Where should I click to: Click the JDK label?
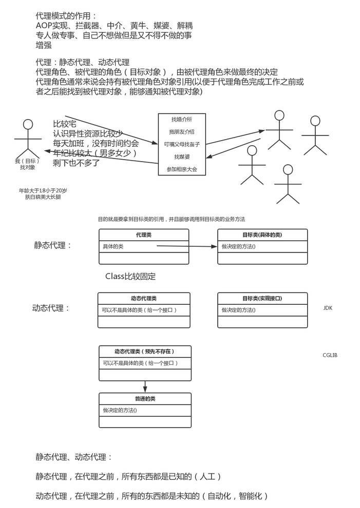click(328, 308)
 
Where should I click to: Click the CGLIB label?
click(330, 355)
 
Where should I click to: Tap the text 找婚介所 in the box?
click(182, 120)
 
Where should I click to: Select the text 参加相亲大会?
click(182, 169)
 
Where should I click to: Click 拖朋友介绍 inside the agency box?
click(182, 132)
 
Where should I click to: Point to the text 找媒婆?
click(182, 157)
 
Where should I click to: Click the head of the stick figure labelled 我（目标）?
click(28, 124)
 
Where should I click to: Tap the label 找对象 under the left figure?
click(28, 167)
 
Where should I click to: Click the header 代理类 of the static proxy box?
click(144, 235)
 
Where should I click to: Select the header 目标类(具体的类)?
click(262, 235)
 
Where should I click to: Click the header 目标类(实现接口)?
click(262, 298)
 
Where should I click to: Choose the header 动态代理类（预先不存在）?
click(145, 351)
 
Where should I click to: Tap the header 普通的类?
click(145, 399)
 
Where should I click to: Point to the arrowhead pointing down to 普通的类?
click(145, 389)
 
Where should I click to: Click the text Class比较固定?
click(130, 276)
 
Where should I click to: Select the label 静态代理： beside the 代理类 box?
click(53, 245)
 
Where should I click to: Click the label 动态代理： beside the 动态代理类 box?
click(51, 308)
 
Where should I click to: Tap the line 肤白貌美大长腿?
click(43, 197)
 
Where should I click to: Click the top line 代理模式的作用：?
click(66, 16)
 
